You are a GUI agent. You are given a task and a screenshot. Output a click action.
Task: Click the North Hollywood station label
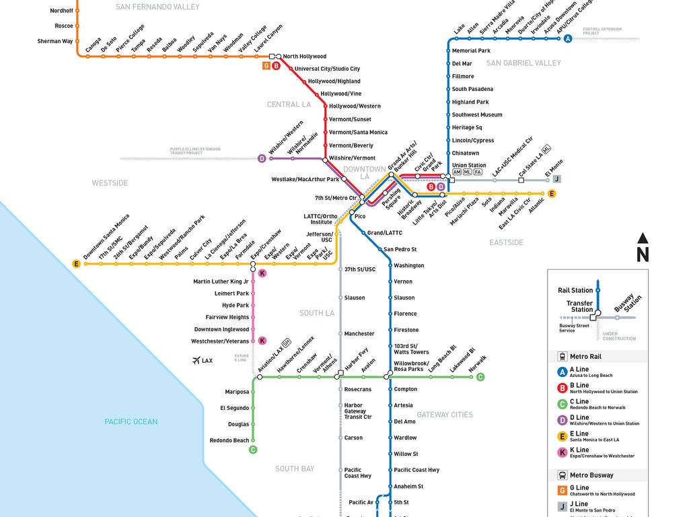pyautogui.click(x=304, y=57)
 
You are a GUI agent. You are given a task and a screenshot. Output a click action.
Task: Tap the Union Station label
pyautogui.click(x=468, y=165)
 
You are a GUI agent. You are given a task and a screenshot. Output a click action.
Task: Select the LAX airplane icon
pyautogui.click(x=196, y=361)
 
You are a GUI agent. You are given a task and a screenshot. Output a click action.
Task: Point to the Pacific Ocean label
pyautogui.click(x=131, y=422)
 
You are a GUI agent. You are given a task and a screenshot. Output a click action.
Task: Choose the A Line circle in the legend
pyautogui.click(x=562, y=372)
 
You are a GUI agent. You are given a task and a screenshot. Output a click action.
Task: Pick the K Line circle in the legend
pyautogui.click(x=562, y=452)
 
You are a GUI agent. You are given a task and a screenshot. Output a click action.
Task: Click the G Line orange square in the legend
pyautogui.click(x=562, y=490)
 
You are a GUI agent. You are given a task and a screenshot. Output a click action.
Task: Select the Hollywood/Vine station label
pyautogui.click(x=340, y=94)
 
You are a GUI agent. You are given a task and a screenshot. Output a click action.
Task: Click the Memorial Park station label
pyautogui.click(x=471, y=50)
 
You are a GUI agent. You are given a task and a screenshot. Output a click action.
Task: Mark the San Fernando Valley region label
pyautogui.click(x=157, y=7)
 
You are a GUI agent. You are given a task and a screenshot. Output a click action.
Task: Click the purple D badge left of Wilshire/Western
pyautogui.click(x=262, y=159)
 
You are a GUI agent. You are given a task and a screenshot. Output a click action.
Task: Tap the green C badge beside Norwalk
pyautogui.click(x=480, y=377)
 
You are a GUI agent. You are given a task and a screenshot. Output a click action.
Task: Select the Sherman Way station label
pyautogui.click(x=55, y=41)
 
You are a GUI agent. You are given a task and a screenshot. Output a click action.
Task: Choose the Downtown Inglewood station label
pyautogui.click(x=221, y=329)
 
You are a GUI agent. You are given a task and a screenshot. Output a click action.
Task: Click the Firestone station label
pyautogui.click(x=406, y=330)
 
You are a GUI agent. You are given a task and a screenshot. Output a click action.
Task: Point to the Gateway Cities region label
pyautogui.click(x=444, y=415)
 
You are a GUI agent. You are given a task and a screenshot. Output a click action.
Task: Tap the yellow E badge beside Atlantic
pyautogui.click(x=552, y=194)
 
